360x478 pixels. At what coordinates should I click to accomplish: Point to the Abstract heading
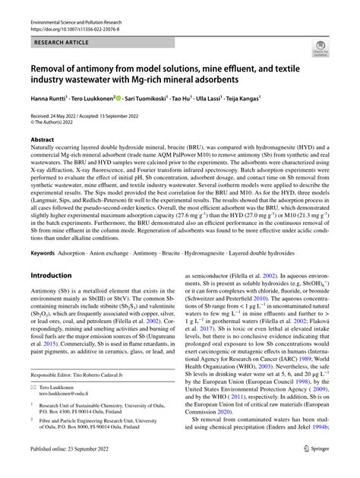[x=43, y=141]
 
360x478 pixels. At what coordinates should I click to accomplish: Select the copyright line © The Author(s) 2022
[x=58, y=122]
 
